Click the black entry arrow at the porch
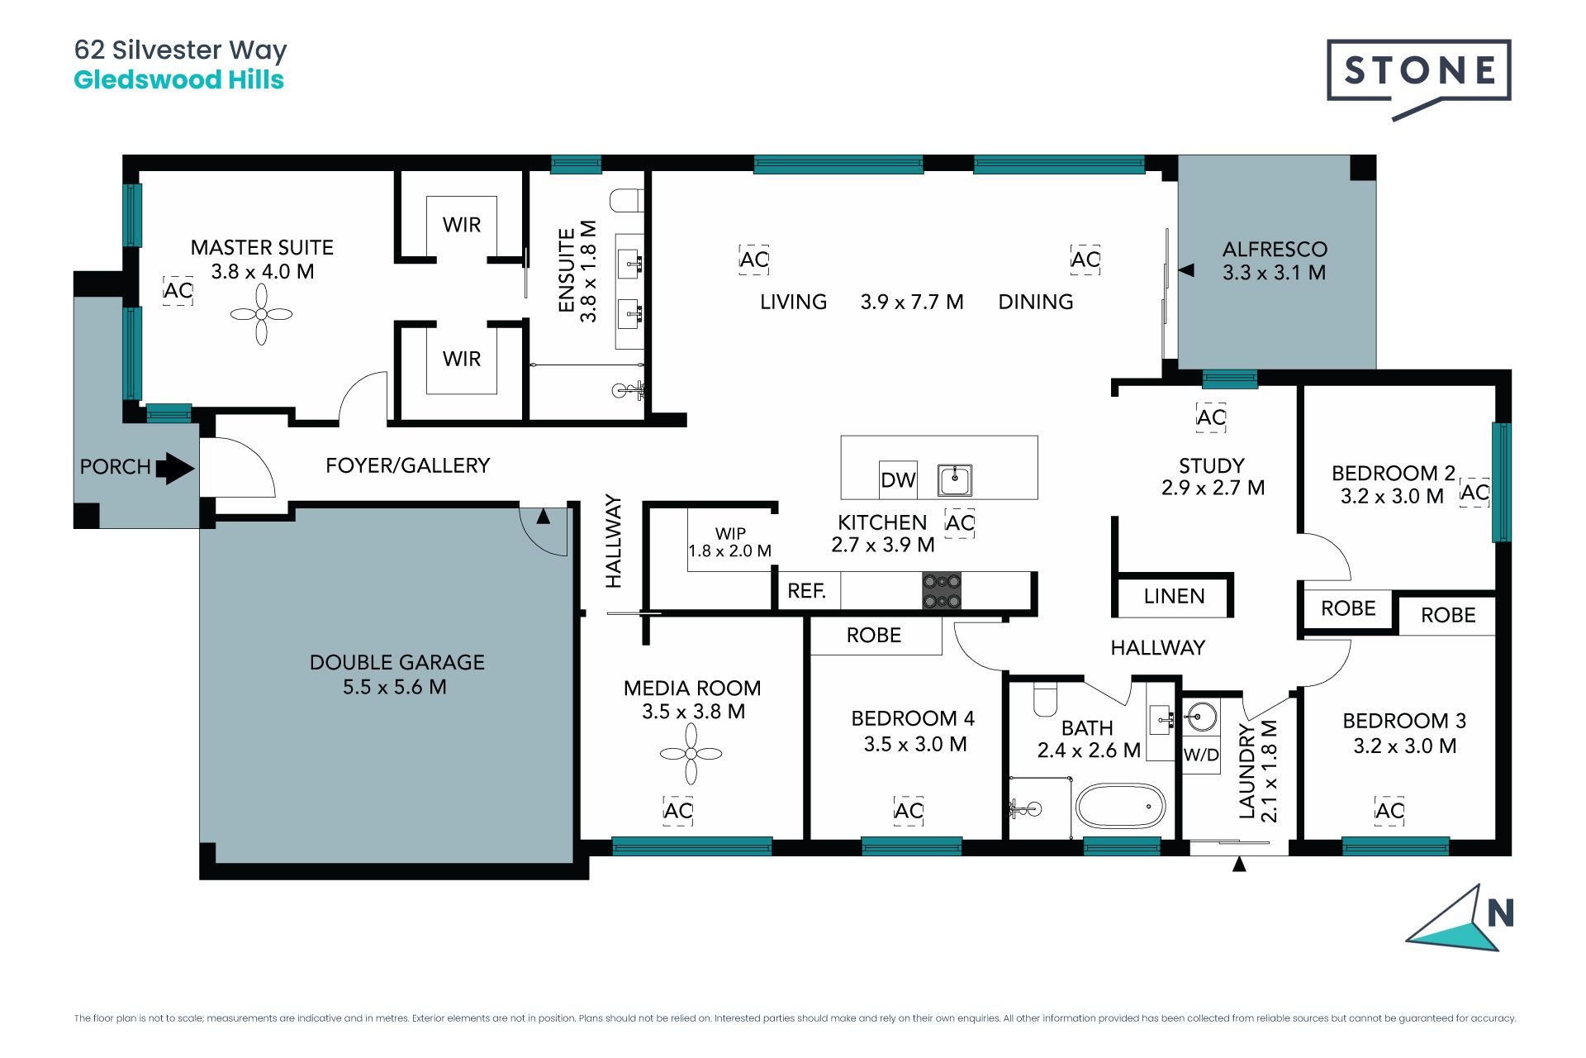(x=175, y=468)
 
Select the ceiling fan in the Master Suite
(x=261, y=314)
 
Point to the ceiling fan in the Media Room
(x=691, y=754)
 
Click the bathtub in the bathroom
(x=1121, y=806)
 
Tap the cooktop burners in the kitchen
(x=942, y=591)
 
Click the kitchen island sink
(x=955, y=479)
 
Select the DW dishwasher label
(x=898, y=480)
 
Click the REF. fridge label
(x=807, y=591)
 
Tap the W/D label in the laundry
(x=1201, y=755)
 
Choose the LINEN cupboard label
(x=1174, y=596)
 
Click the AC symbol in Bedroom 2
(x=1474, y=493)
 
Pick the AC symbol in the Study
(x=1211, y=417)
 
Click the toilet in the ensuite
(x=626, y=200)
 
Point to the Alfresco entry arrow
(x=1186, y=270)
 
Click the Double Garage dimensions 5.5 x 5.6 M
(x=395, y=687)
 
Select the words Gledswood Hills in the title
(x=179, y=80)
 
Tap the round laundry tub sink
(x=1200, y=717)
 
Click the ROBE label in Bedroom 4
(x=874, y=635)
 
